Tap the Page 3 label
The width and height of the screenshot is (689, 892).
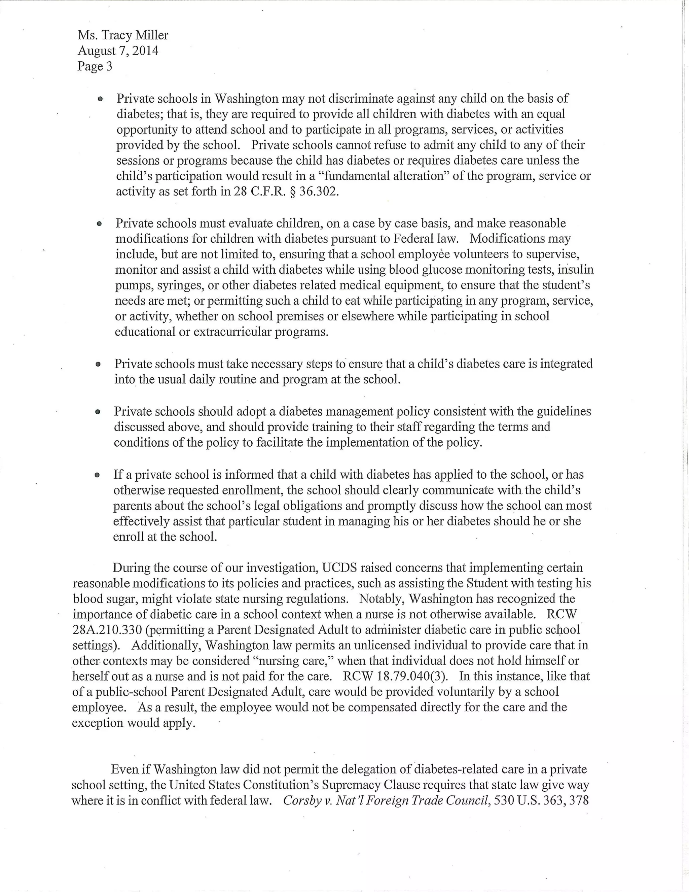click(x=95, y=67)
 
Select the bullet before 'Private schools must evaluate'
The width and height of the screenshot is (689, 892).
click(x=99, y=224)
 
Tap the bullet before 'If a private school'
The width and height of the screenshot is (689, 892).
click(x=97, y=475)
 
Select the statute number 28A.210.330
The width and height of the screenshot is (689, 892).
click(x=107, y=630)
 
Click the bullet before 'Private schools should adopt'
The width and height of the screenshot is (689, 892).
click(x=98, y=412)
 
